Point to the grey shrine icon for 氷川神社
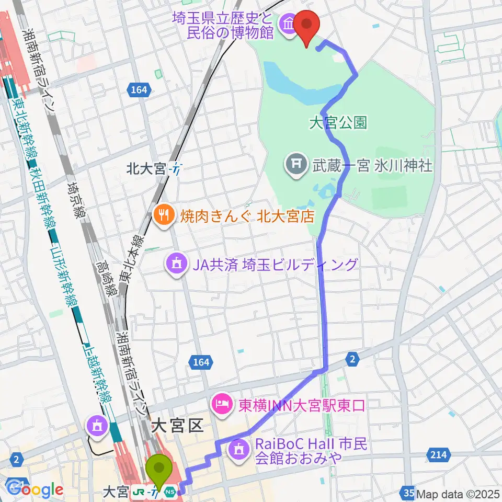[x=294, y=166]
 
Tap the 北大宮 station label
[x=146, y=169]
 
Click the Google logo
[x=35, y=489]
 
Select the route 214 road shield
[x=439, y=455]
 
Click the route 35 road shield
[x=408, y=493]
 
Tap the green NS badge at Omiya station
[x=170, y=492]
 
